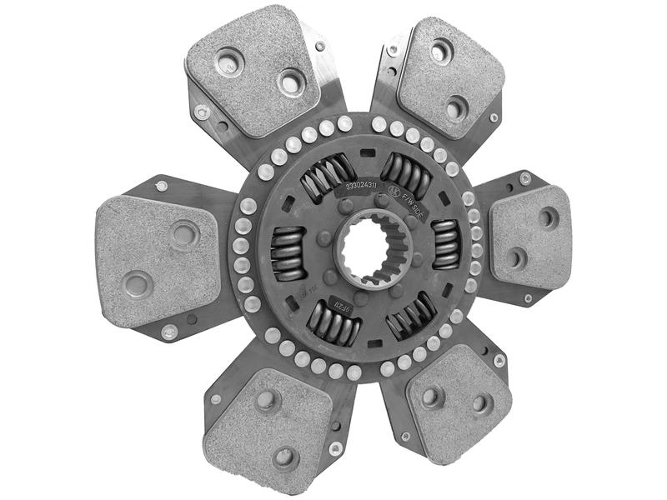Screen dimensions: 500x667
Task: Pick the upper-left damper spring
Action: pos(327,177)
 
